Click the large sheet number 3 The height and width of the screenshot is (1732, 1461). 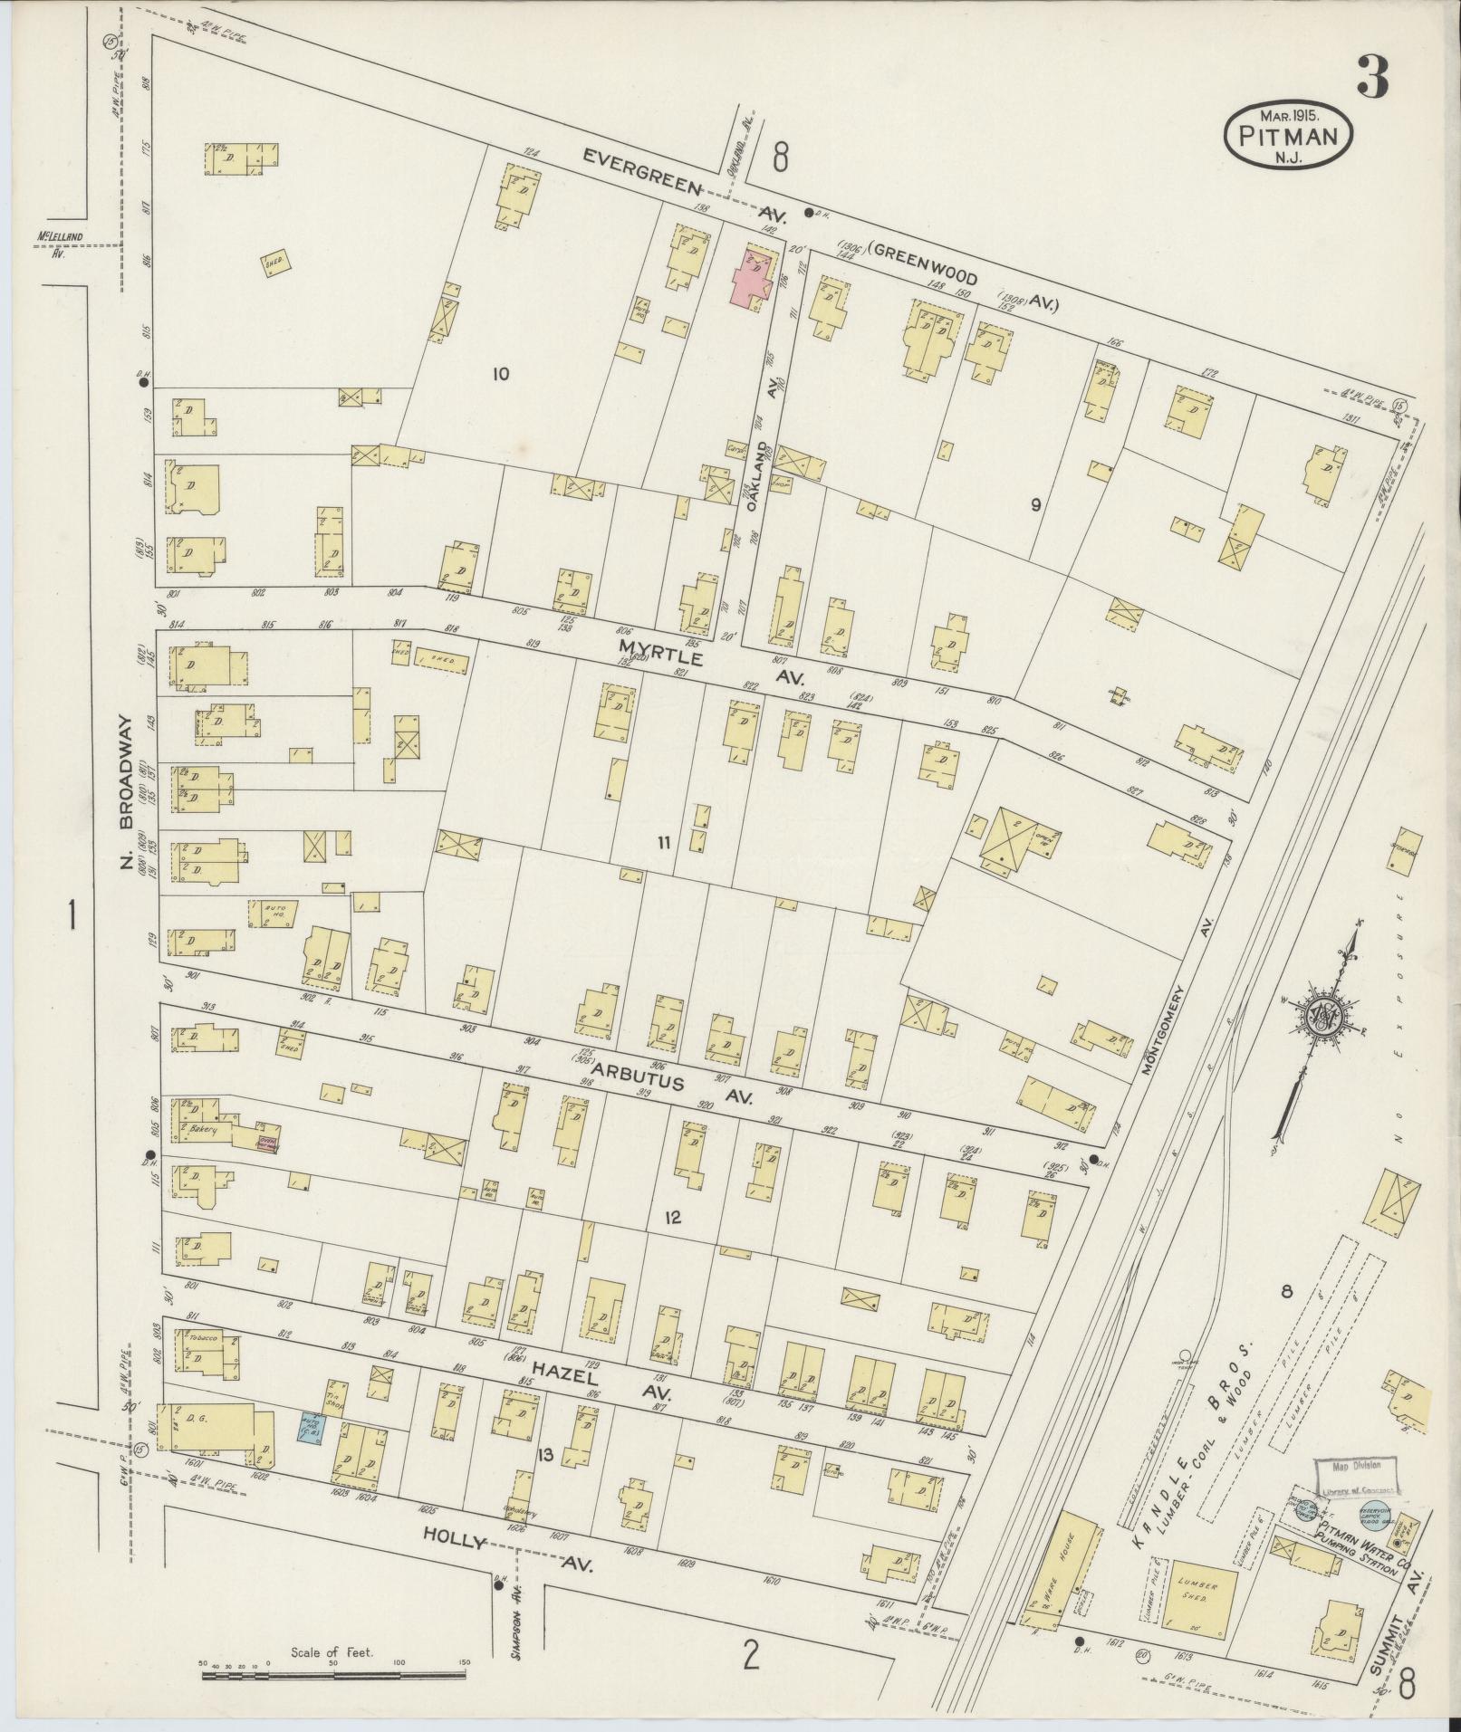tap(1371, 79)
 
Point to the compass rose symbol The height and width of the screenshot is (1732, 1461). tap(1323, 1021)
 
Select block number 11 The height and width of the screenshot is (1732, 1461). tap(664, 843)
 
